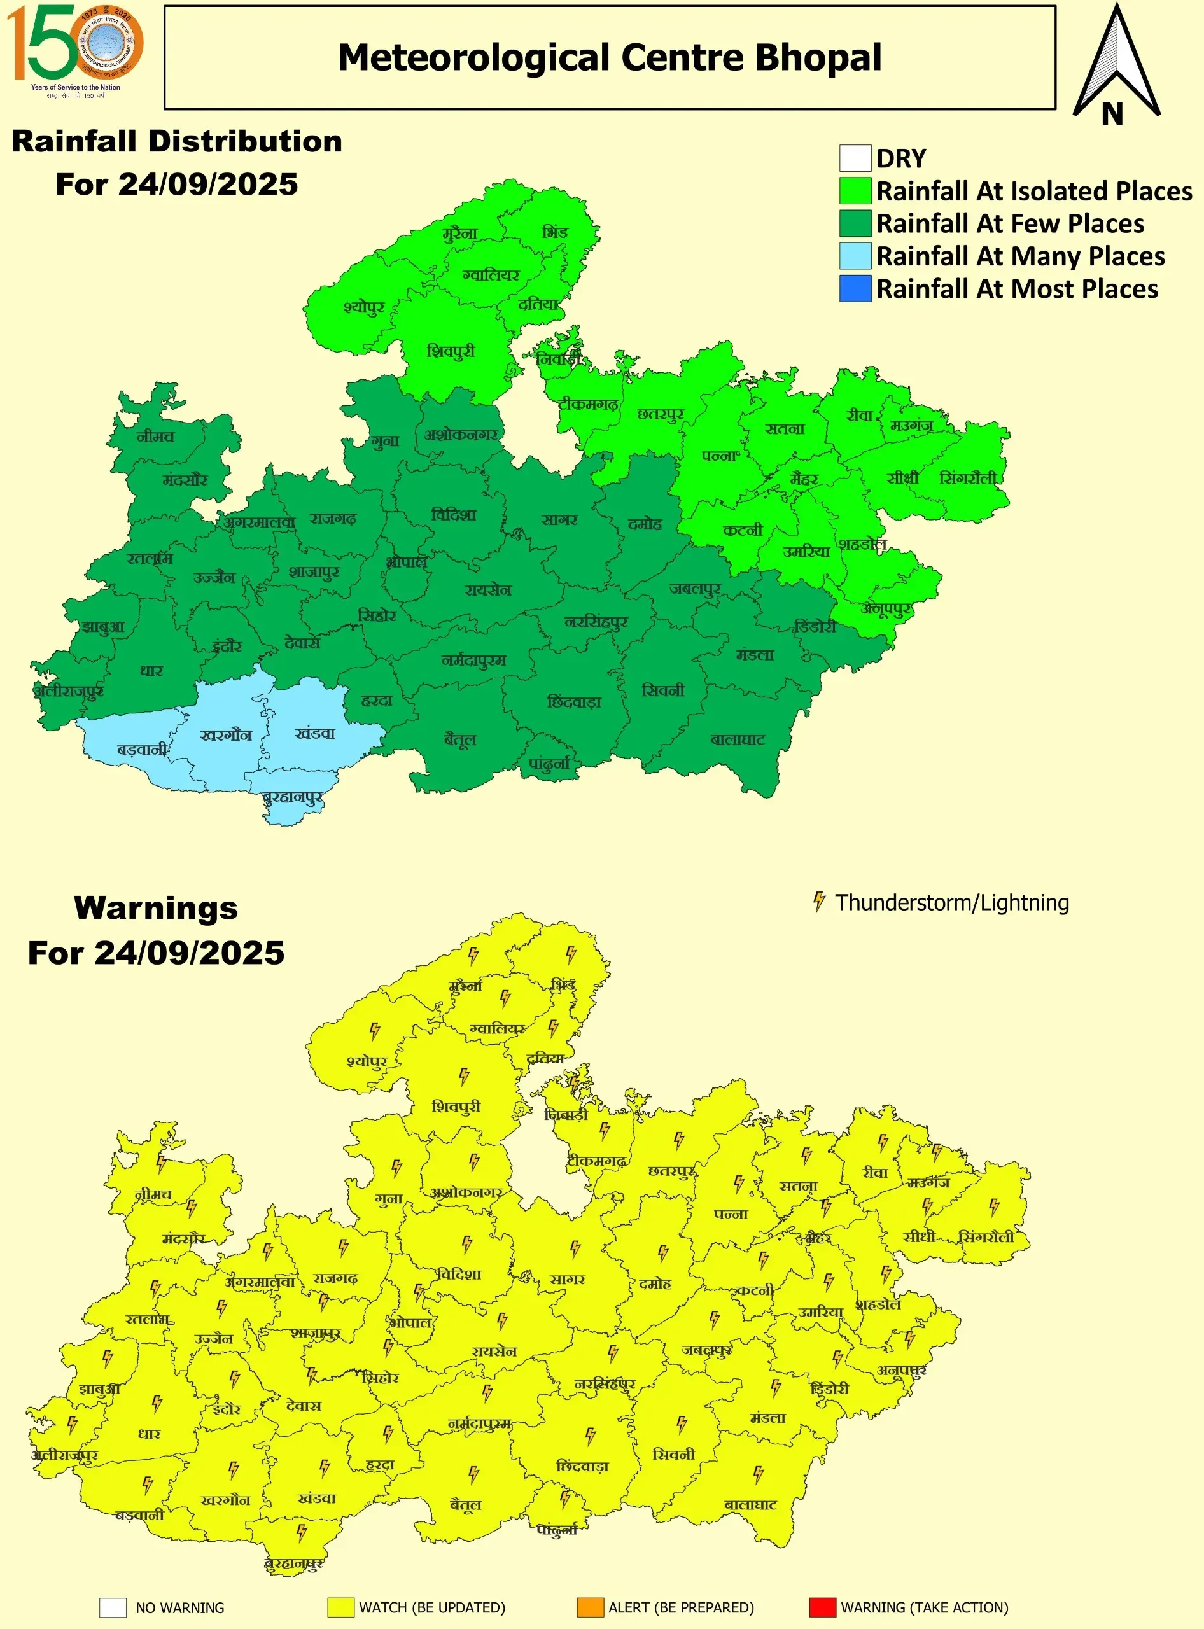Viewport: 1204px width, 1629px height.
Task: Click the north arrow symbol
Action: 1116,66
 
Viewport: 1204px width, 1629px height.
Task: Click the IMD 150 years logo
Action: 75,50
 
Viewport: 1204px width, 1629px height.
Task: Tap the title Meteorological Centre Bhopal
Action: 609,57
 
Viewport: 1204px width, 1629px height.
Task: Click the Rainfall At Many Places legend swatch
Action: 855,256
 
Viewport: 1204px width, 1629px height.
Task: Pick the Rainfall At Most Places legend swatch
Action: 855,289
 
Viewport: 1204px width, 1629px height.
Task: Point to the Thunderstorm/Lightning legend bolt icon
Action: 819,902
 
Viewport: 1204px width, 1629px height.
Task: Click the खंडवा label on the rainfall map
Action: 315,733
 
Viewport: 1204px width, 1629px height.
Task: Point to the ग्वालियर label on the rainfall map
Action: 491,276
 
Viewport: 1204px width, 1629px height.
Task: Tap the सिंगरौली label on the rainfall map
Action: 968,478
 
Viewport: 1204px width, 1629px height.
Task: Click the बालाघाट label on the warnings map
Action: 751,1504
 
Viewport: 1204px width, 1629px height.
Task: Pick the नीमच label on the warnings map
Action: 154,1194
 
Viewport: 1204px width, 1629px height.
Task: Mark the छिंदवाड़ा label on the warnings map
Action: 582,1465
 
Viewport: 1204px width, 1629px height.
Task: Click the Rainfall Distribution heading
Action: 177,141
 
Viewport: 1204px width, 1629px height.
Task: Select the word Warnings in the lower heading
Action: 156,908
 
